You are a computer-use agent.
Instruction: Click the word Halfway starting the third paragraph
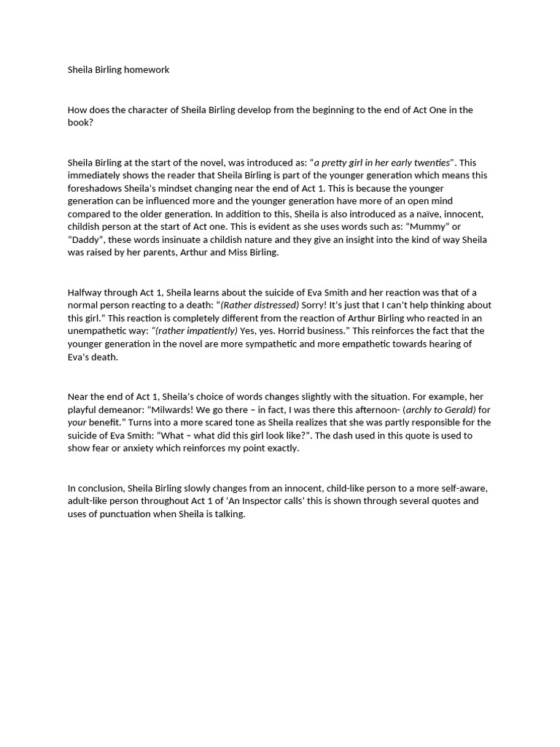pos(87,293)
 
